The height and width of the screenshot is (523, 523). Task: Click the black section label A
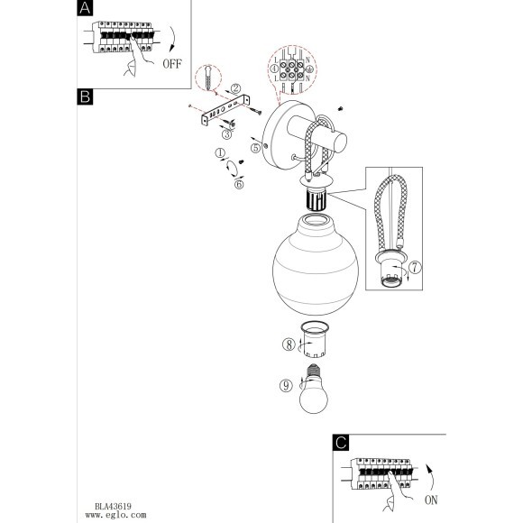pos(85,8)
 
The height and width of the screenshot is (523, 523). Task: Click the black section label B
pos(85,96)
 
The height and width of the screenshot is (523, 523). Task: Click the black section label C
pos(341,443)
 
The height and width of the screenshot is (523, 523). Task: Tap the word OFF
pos(172,64)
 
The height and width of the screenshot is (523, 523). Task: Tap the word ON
pos(431,500)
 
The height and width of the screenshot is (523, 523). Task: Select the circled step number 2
pos(235,88)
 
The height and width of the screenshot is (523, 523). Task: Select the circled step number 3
pos(227,134)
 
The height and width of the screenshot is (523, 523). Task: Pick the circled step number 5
pos(255,148)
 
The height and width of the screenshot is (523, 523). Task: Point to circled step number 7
pos(415,267)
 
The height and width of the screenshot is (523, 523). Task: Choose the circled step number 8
pos(289,344)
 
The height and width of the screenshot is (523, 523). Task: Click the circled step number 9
pos(286,386)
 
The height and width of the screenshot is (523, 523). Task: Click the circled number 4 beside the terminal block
pos(274,69)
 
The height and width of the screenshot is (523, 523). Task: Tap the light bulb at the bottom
pos(313,389)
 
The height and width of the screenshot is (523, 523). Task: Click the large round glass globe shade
pos(316,265)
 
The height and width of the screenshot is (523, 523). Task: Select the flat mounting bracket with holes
pos(225,109)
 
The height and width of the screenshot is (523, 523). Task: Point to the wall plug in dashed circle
pos(208,78)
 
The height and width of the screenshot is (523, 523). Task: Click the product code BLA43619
pos(113,507)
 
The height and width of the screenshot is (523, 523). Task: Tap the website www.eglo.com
pos(115,515)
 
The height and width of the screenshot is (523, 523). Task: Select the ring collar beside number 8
pos(315,339)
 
